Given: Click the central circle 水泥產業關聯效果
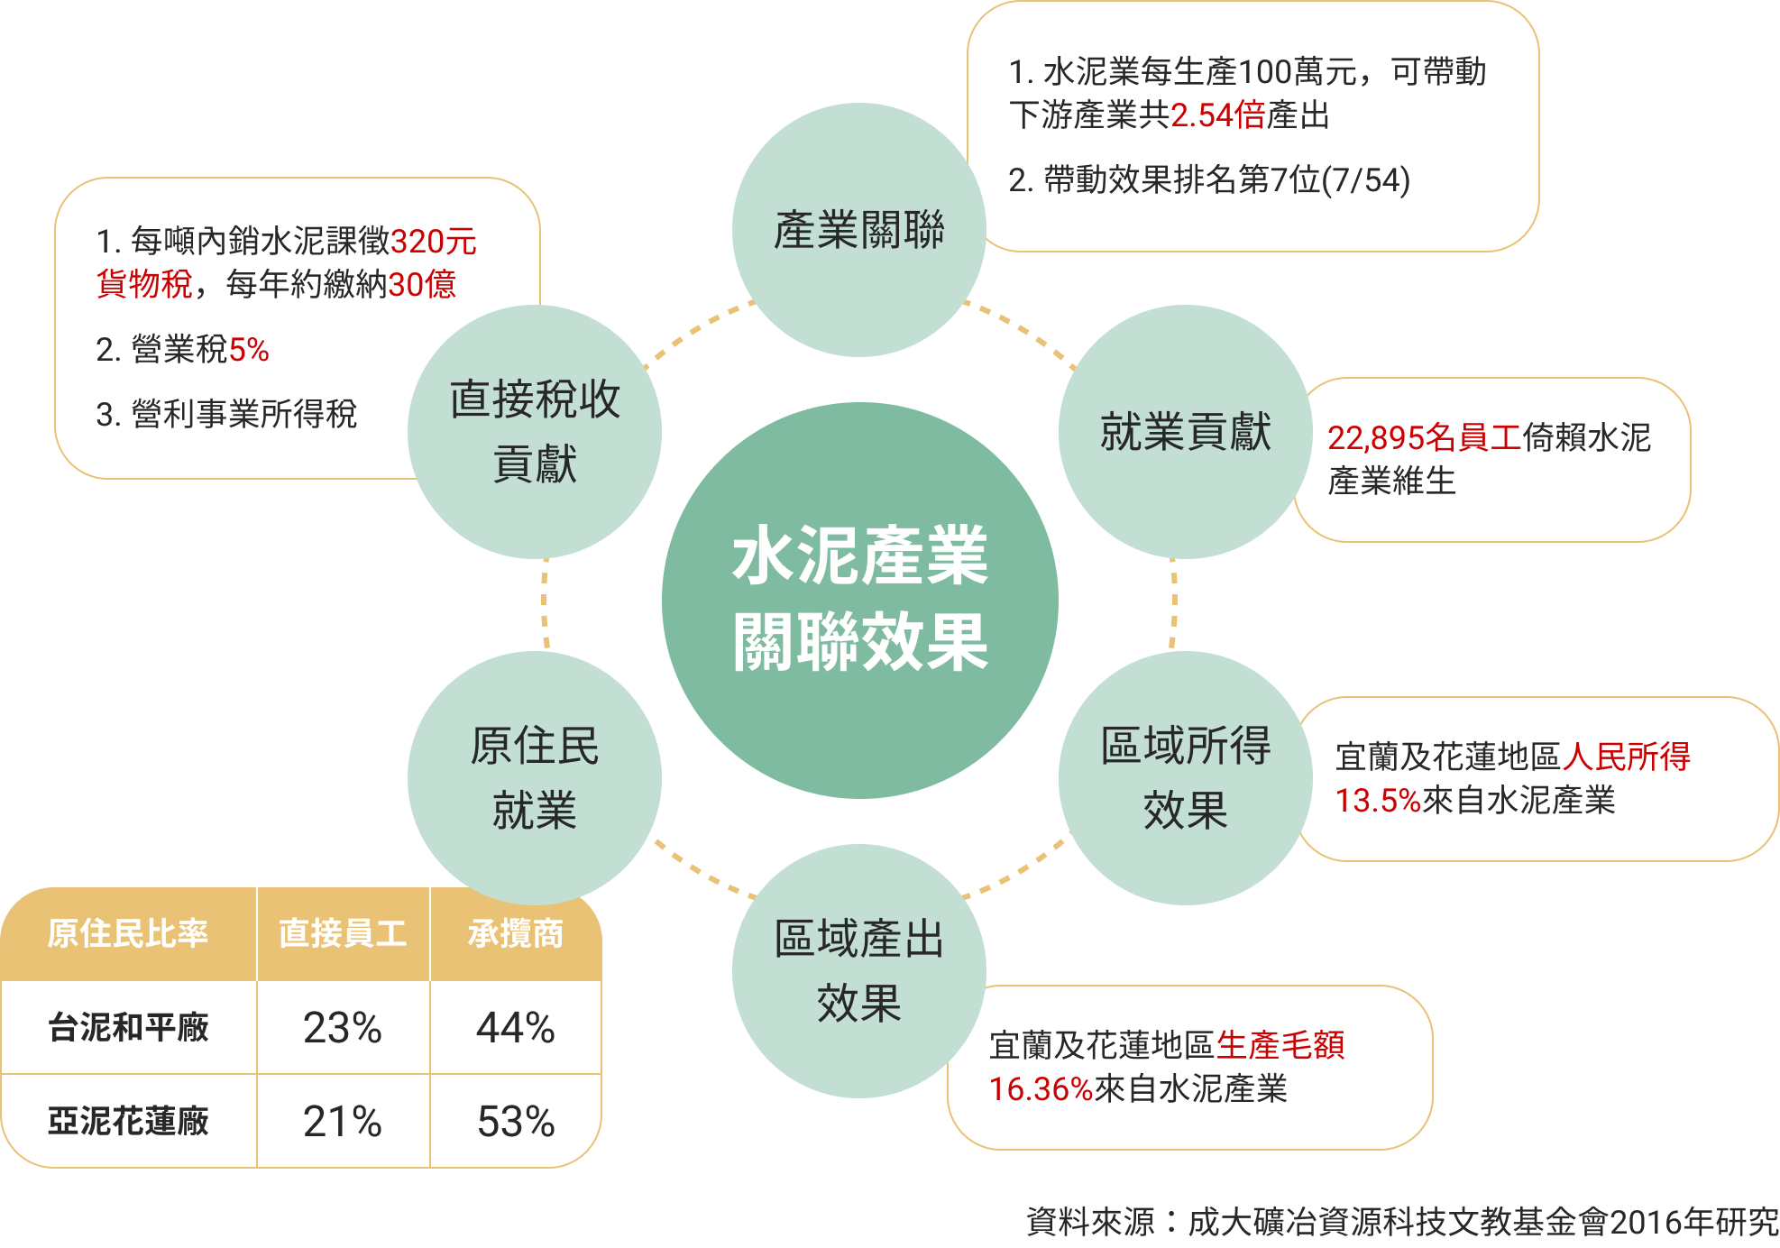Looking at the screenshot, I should [x=859, y=600].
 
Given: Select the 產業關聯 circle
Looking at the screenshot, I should [x=858, y=229].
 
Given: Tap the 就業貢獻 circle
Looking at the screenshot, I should [x=1185, y=431].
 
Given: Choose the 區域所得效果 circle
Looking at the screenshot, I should [x=1185, y=777].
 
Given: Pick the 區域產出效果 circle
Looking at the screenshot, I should [x=858, y=970].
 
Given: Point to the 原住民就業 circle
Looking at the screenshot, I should [x=534, y=777].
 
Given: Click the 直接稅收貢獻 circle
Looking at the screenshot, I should [x=534, y=431].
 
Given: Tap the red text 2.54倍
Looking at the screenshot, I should [x=1217, y=115].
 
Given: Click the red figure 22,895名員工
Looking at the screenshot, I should [x=1424, y=438].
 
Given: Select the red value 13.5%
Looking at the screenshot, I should [x=1377, y=801].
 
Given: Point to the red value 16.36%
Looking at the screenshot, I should [x=1041, y=1089].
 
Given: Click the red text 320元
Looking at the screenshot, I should [x=433, y=242].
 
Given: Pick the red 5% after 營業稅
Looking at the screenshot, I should [x=249, y=350].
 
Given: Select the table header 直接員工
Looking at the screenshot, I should [x=343, y=934].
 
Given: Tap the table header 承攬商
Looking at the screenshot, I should [x=515, y=934].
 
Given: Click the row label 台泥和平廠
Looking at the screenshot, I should [x=128, y=1027].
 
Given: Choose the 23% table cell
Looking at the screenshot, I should [x=343, y=1028].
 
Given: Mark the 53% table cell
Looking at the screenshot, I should [x=515, y=1122].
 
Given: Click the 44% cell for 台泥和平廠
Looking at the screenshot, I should [x=515, y=1028].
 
